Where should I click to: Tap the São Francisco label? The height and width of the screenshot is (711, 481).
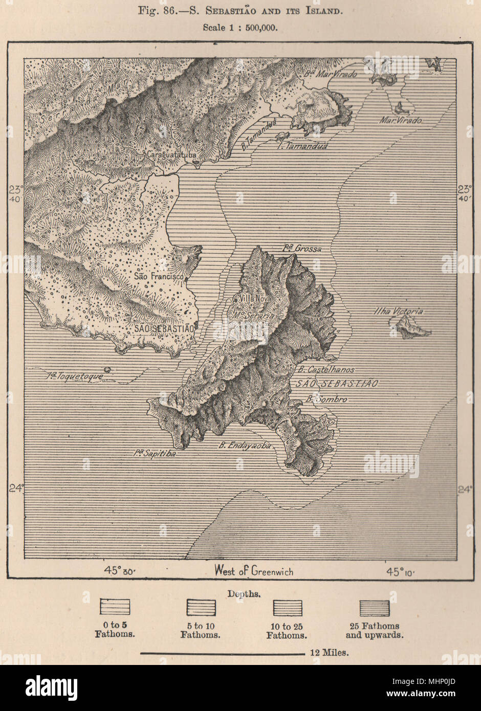pyautogui.click(x=159, y=276)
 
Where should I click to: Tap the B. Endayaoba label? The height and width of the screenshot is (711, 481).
pyautogui.click(x=244, y=446)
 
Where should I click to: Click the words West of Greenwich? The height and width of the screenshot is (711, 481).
pyautogui.click(x=254, y=571)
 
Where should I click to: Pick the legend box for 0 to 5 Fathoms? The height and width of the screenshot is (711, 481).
pyautogui.click(x=115, y=607)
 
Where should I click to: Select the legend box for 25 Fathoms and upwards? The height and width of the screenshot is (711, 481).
pyautogui.click(x=374, y=608)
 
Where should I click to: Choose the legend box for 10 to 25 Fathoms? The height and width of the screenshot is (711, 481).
pyautogui.click(x=288, y=608)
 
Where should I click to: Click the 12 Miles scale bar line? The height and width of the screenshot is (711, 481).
pyautogui.click(x=223, y=653)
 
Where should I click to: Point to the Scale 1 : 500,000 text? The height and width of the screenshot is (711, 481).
pyautogui.click(x=240, y=28)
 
